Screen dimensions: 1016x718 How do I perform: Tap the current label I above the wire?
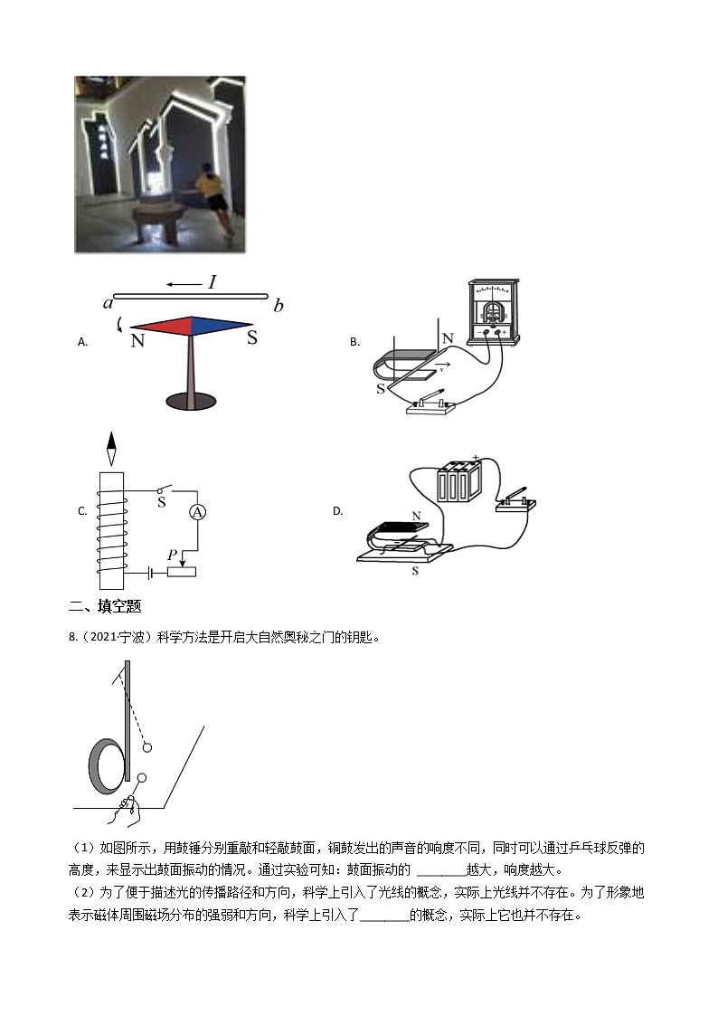(212, 282)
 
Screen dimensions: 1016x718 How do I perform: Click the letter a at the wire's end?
(108, 302)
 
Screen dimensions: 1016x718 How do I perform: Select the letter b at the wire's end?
(279, 305)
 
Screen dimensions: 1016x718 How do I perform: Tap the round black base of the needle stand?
(191, 399)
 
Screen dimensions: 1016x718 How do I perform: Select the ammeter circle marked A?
(198, 513)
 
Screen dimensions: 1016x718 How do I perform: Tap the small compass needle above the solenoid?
(111, 450)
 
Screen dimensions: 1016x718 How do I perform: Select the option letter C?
(82, 511)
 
